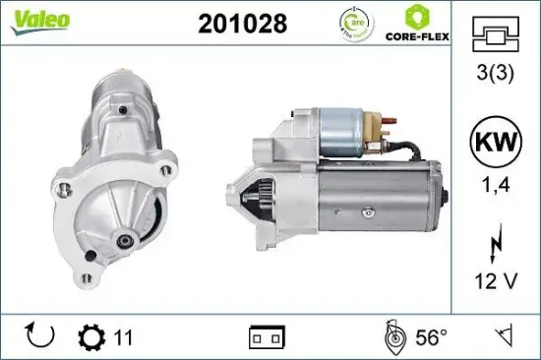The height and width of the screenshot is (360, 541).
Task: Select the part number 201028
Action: [x=243, y=25]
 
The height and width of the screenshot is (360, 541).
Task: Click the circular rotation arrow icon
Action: [x=38, y=338]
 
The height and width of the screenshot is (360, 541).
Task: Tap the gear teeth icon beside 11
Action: [x=91, y=338]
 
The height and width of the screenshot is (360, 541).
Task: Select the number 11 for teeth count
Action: [x=123, y=338]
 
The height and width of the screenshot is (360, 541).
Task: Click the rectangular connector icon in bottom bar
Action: [x=268, y=338]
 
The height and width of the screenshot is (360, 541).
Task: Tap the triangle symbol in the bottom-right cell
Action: [x=505, y=338]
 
